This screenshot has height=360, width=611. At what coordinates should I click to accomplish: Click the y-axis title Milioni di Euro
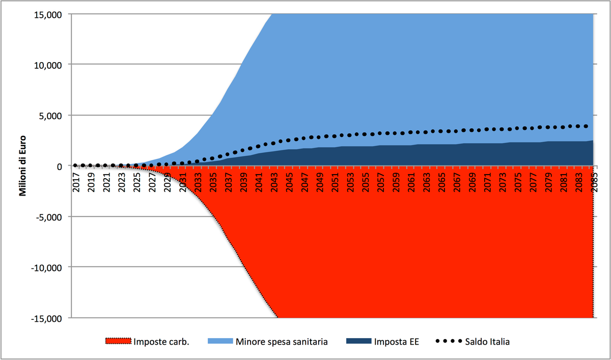(23, 166)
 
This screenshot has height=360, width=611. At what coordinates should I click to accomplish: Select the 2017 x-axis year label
(76, 182)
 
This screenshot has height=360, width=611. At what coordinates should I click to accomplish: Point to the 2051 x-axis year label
(335, 182)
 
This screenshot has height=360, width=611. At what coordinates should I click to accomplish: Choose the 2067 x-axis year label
(456, 182)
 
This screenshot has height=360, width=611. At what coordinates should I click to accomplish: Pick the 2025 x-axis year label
(137, 182)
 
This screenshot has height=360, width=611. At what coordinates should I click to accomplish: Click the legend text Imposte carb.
(161, 342)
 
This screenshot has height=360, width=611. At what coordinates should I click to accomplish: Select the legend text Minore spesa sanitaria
(281, 342)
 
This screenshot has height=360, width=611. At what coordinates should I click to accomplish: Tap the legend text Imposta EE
(396, 342)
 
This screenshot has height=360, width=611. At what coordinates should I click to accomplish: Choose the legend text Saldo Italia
(487, 342)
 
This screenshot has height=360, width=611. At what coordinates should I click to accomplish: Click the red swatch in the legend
(118, 341)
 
